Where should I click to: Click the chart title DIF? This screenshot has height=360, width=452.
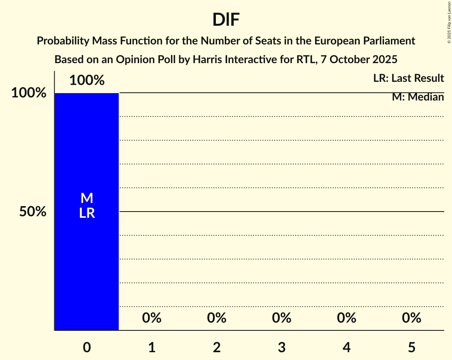pyautogui.click(x=226, y=20)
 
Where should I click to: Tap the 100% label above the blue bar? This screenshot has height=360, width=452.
pyautogui.click(x=87, y=81)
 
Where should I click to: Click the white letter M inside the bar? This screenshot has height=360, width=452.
pyautogui.click(x=87, y=198)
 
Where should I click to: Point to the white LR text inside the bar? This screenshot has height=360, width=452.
pyautogui.click(x=87, y=213)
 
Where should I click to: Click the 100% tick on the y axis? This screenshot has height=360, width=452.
pyautogui.click(x=28, y=93)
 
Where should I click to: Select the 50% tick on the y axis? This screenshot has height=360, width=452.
pyautogui.click(x=33, y=212)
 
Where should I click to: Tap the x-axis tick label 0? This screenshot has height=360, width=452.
pyautogui.click(x=87, y=347)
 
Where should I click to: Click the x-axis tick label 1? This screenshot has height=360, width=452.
pyautogui.click(x=152, y=347)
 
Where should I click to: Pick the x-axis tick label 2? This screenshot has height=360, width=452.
pyautogui.click(x=217, y=347)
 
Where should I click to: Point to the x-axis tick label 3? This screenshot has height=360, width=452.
pyautogui.click(x=282, y=347)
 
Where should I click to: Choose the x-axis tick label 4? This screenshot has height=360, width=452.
pyautogui.click(x=347, y=347)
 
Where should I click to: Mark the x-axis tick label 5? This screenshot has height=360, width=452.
pyautogui.click(x=411, y=347)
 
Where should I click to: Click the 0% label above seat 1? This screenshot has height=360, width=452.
pyautogui.click(x=152, y=318)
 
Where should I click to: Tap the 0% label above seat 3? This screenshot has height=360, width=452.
pyautogui.click(x=282, y=318)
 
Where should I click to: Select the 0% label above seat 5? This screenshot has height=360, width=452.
pyautogui.click(x=411, y=318)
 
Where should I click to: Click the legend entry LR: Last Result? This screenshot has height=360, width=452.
pyautogui.click(x=408, y=78)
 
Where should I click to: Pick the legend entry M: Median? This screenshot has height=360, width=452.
pyautogui.click(x=418, y=97)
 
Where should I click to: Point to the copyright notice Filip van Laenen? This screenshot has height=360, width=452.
pyautogui.click(x=449, y=22)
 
